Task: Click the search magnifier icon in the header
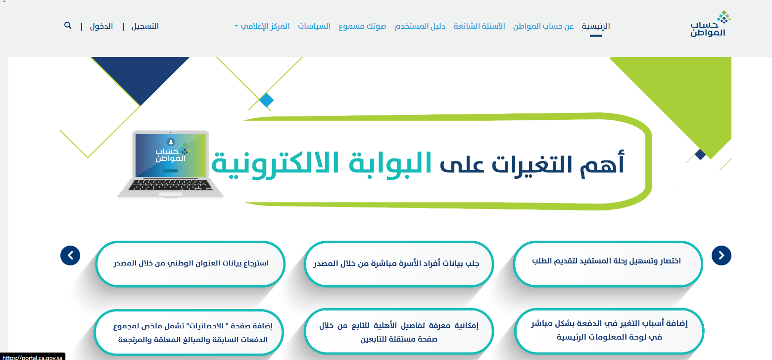(x=67, y=26)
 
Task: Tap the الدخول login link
(x=101, y=26)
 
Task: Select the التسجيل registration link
(x=145, y=26)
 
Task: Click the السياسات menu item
(x=314, y=26)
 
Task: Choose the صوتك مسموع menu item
(x=362, y=26)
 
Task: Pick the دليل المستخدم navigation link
(x=420, y=26)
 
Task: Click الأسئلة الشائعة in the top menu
(x=479, y=26)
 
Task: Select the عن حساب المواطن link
(x=543, y=26)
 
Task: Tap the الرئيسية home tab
(x=596, y=26)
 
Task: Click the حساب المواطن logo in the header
(x=710, y=24)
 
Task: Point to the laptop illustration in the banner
(x=171, y=164)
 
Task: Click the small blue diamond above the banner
(x=266, y=101)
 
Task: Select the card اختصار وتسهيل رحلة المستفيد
(x=608, y=264)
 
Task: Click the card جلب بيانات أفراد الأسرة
(x=399, y=264)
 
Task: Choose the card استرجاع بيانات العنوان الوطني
(x=190, y=264)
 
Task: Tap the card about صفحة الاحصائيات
(x=189, y=332)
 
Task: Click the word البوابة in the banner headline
(x=390, y=163)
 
